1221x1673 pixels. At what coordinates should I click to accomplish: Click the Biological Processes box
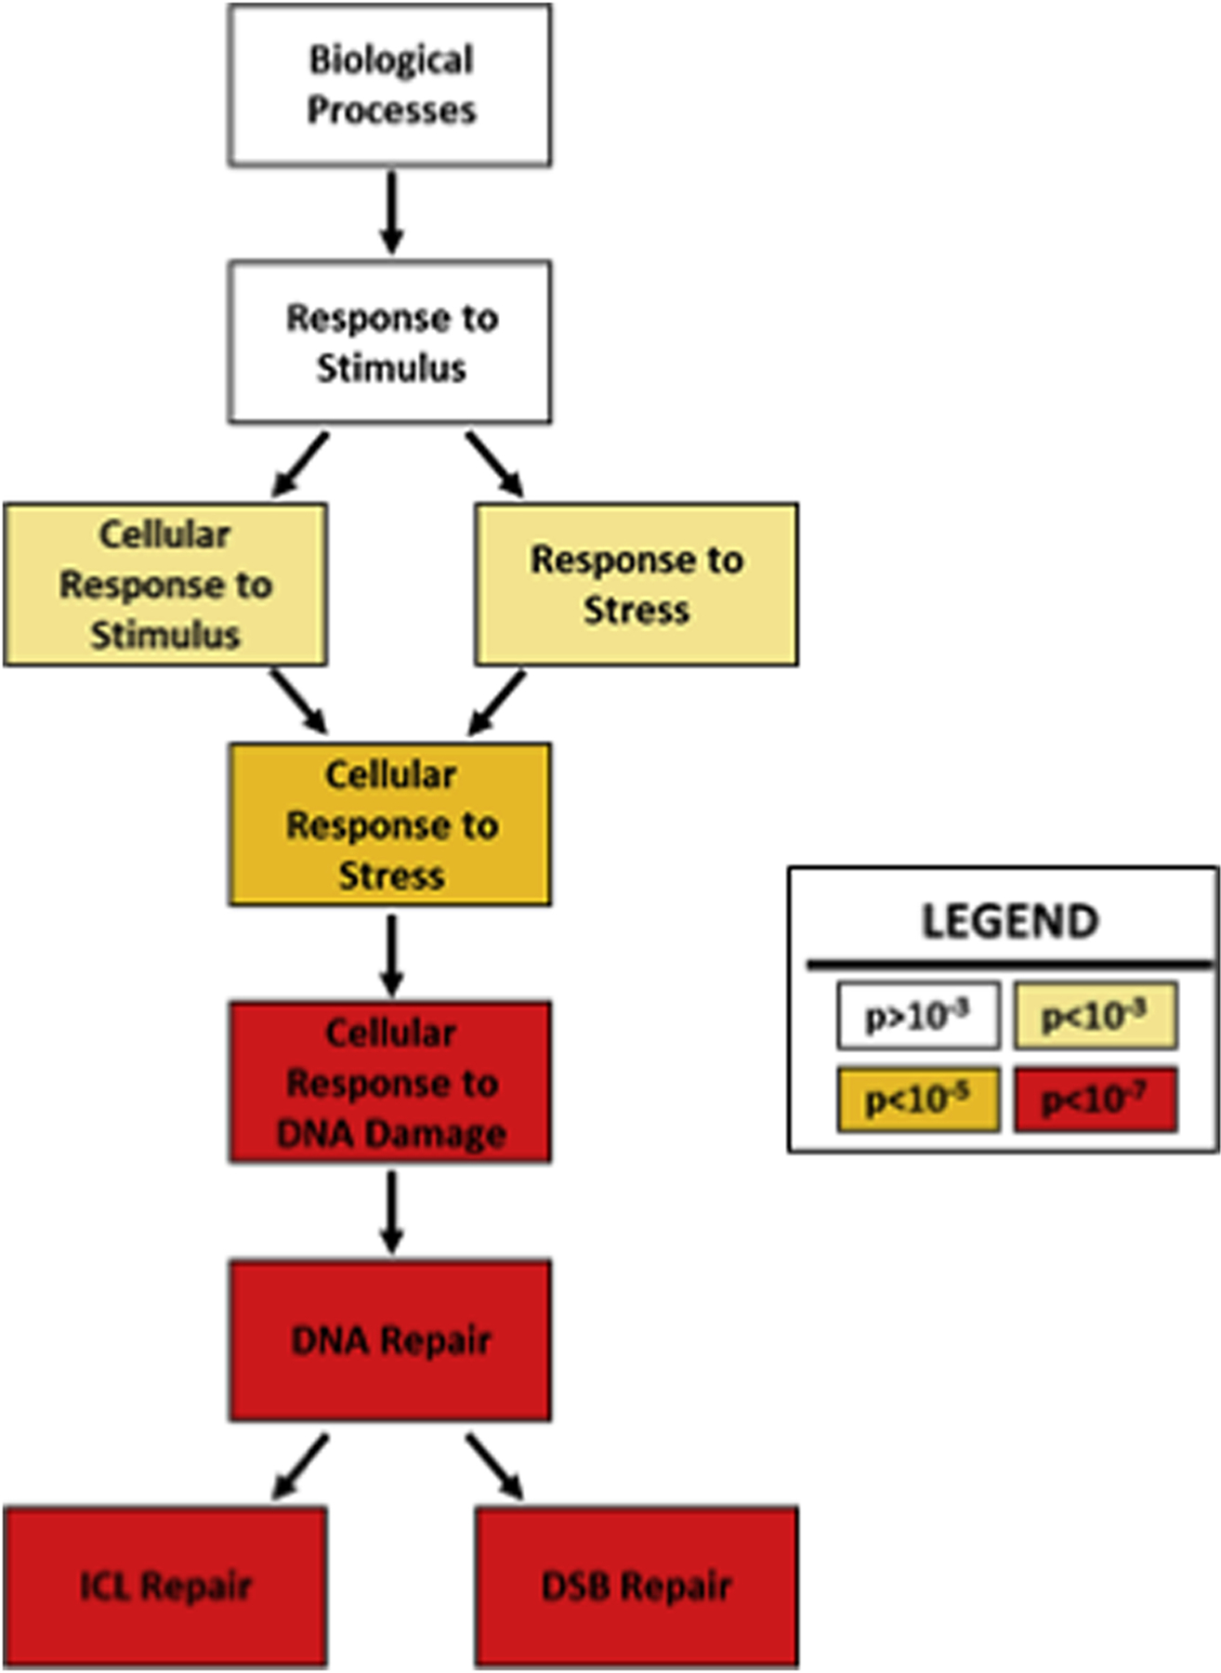390,86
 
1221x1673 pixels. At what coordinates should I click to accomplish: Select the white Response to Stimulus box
390,342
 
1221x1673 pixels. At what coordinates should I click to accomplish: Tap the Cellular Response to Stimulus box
165,585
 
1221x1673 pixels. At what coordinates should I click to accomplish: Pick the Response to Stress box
637,585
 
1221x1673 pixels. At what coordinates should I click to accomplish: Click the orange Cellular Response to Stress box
390,824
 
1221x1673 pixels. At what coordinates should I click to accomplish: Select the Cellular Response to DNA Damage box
390,1083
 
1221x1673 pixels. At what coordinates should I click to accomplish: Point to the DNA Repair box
390,1340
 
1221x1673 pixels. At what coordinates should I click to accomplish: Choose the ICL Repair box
165,1586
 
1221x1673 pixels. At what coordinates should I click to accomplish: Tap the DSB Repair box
637,1586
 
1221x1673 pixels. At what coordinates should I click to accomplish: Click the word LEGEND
1010,921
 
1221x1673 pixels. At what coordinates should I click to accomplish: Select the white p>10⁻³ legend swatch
918,1016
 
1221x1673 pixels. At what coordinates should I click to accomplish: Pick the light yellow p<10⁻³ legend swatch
1095,1016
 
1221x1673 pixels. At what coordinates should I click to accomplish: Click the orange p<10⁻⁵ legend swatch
918,1100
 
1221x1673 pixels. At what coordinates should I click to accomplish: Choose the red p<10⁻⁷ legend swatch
1095,1100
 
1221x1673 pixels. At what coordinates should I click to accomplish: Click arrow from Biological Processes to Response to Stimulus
391,212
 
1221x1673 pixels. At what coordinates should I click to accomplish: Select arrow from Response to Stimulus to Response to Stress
494,464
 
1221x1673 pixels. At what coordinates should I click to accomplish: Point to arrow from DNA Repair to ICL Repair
300,1467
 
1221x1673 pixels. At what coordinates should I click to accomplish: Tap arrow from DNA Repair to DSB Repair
494,1467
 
